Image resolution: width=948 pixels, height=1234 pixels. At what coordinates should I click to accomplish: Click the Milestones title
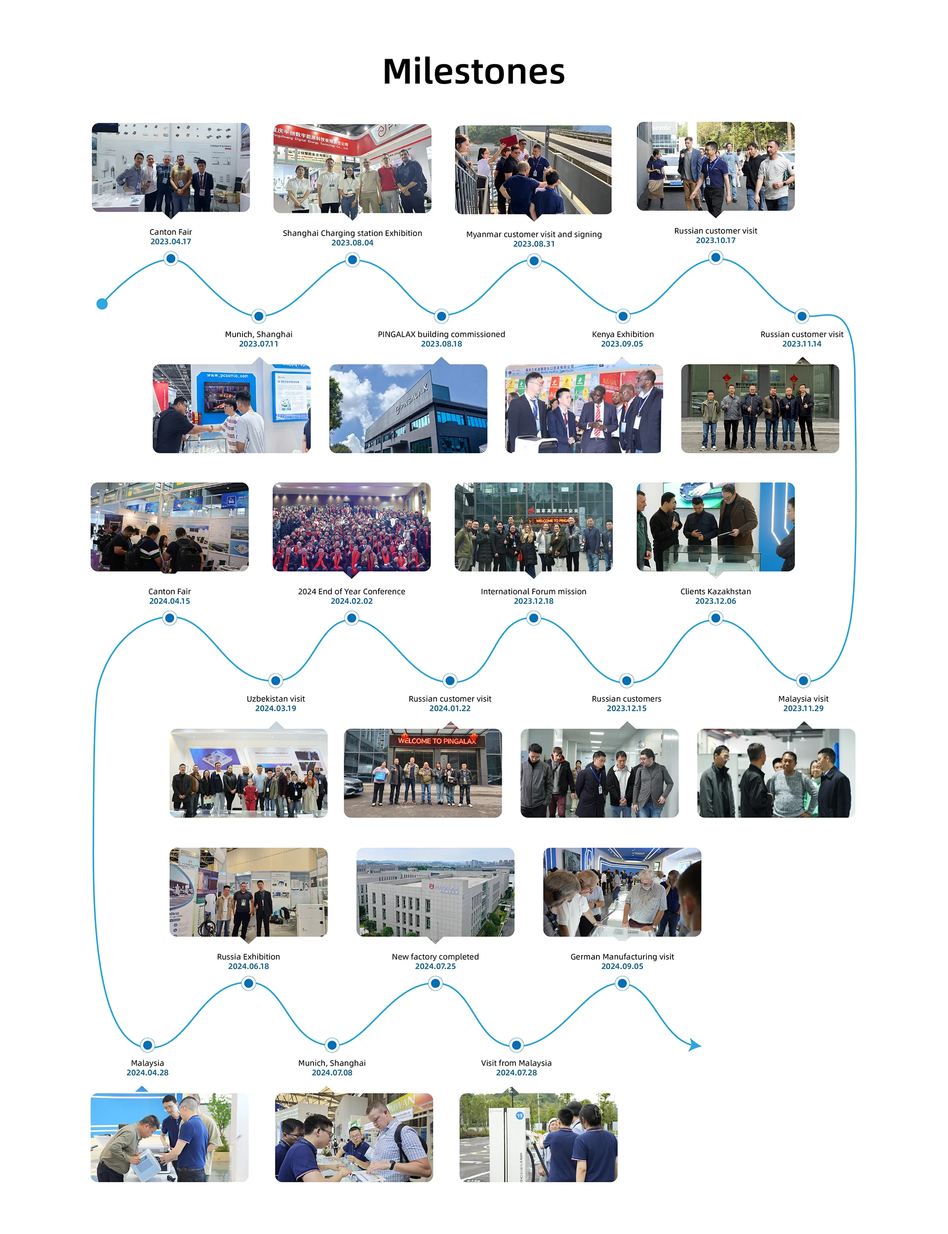coord(474,72)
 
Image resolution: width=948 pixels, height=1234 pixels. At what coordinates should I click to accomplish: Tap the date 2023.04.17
coord(170,241)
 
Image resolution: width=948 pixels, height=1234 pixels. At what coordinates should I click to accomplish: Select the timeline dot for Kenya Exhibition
coord(623,316)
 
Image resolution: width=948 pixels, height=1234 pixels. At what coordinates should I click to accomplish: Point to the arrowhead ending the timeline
coord(695,1045)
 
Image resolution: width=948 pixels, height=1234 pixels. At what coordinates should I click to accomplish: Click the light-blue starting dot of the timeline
coord(102,304)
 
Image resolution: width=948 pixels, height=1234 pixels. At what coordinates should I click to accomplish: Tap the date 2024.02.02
coord(352,601)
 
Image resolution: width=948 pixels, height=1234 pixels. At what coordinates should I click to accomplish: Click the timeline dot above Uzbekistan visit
coord(276,680)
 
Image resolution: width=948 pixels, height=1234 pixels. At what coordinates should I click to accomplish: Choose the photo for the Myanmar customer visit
coord(533,169)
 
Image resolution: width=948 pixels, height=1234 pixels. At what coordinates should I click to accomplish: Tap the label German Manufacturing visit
coord(622,957)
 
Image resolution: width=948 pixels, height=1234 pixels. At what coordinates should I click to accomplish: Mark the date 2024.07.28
coord(516,1072)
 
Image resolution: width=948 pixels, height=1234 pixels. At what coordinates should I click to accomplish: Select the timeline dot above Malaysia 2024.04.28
coord(147,1044)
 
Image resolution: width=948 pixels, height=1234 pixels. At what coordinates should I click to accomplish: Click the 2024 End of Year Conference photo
coord(352,527)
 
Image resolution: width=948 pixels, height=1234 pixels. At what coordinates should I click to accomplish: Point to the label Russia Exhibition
coord(248,957)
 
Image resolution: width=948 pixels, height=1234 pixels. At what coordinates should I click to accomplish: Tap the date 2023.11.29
coord(803,708)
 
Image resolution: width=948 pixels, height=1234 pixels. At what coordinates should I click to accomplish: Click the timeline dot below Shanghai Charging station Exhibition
coord(352,260)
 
